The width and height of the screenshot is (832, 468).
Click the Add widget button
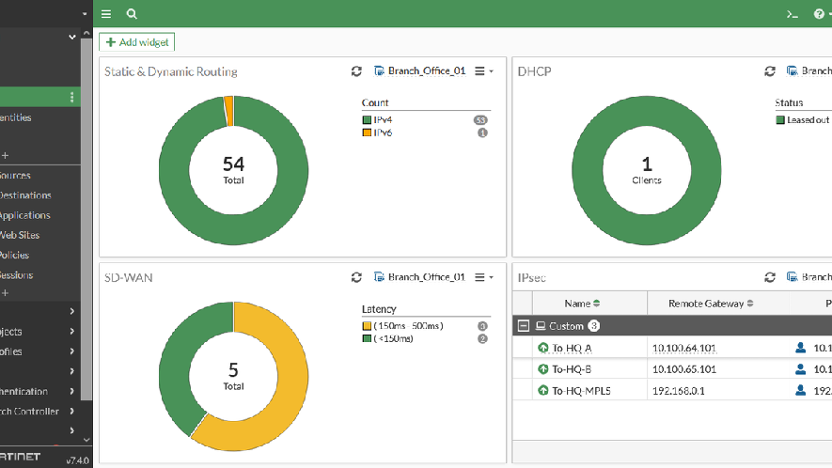click(136, 42)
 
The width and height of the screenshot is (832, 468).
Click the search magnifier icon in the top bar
click(132, 14)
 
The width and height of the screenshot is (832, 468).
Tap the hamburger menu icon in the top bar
click(106, 14)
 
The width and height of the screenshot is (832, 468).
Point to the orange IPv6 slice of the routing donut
click(228, 110)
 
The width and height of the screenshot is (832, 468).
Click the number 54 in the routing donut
click(233, 164)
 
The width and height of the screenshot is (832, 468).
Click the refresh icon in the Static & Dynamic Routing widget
click(356, 71)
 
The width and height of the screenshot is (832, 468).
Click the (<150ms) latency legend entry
click(394, 338)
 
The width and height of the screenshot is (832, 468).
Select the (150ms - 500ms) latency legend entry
click(408, 326)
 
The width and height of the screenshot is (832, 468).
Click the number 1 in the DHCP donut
click(647, 164)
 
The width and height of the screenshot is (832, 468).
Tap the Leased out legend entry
click(808, 120)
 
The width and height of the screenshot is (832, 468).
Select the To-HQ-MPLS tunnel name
click(580, 391)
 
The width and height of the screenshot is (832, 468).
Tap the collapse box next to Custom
click(524, 326)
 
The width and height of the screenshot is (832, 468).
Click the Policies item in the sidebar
click(14, 256)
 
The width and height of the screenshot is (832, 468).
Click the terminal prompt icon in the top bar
click(793, 14)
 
